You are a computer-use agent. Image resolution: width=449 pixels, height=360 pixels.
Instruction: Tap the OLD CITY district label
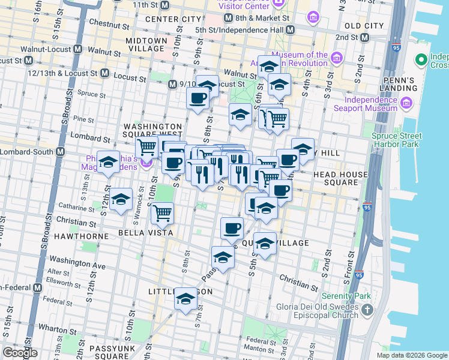click(x=364, y=26)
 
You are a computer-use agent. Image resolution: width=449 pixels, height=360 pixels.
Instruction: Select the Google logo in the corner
click(x=20, y=353)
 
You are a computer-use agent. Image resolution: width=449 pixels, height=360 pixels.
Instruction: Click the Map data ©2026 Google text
click(x=412, y=355)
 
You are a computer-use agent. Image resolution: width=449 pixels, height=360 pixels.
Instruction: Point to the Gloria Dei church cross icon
click(x=367, y=311)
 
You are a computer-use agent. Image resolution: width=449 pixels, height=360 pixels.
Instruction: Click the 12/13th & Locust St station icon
click(x=104, y=73)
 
